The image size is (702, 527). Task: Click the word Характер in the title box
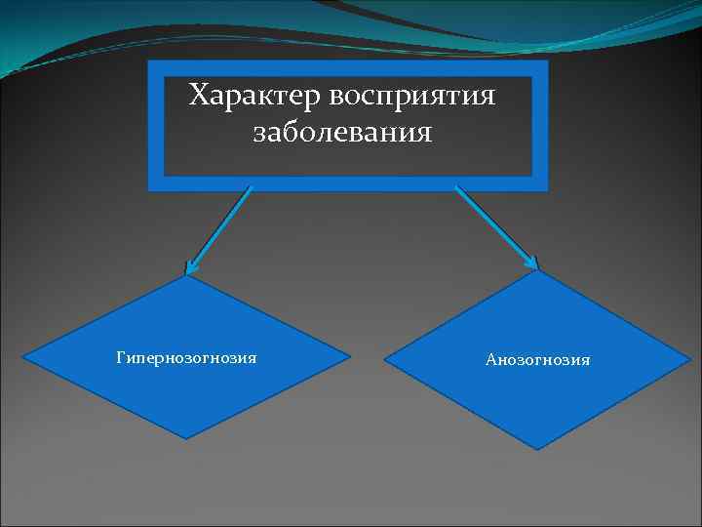click(x=254, y=97)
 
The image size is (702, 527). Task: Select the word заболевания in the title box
click(x=342, y=132)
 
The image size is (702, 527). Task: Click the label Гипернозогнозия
click(x=186, y=358)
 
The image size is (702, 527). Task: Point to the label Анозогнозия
click(x=538, y=360)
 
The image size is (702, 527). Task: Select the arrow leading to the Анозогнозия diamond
click(x=496, y=227)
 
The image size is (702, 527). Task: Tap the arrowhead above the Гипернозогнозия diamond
click(x=190, y=267)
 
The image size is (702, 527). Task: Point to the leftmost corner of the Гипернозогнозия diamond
click(x=23, y=358)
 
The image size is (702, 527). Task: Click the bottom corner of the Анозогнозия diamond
click(x=537, y=449)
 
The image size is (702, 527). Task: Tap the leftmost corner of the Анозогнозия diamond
click(x=384, y=360)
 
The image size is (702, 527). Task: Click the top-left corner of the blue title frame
click(x=148, y=61)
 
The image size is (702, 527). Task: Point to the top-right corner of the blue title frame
click(x=548, y=61)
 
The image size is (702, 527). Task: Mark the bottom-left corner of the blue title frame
click(x=148, y=190)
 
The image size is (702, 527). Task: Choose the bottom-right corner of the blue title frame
click(x=548, y=190)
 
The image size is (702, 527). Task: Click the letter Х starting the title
click(x=198, y=97)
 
